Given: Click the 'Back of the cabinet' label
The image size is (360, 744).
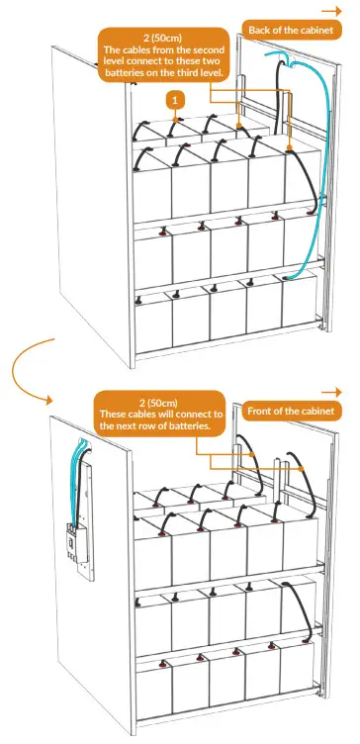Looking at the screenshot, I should click(x=289, y=31).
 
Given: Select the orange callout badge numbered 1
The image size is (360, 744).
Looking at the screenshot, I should click(x=175, y=100).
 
